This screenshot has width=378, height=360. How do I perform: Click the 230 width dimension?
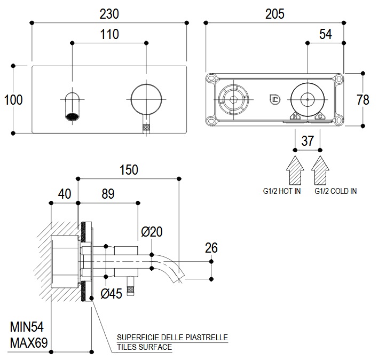[109, 13]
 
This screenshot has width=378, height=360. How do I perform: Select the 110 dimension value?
[109, 35]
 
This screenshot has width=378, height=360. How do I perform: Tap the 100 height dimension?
[13, 99]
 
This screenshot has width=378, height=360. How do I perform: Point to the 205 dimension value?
[275, 13]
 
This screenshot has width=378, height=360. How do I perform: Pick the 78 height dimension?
[363, 99]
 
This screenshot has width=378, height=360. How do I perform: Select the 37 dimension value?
[308, 141]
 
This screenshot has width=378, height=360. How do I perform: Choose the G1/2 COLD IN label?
[336, 191]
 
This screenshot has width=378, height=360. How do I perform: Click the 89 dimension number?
[108, 194]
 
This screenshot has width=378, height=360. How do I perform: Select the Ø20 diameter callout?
[152, 232]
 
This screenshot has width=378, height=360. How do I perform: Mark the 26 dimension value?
[211, 248]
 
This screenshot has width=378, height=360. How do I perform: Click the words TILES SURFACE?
[145, 347]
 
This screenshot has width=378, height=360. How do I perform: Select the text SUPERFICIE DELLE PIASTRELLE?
[172, 338]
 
